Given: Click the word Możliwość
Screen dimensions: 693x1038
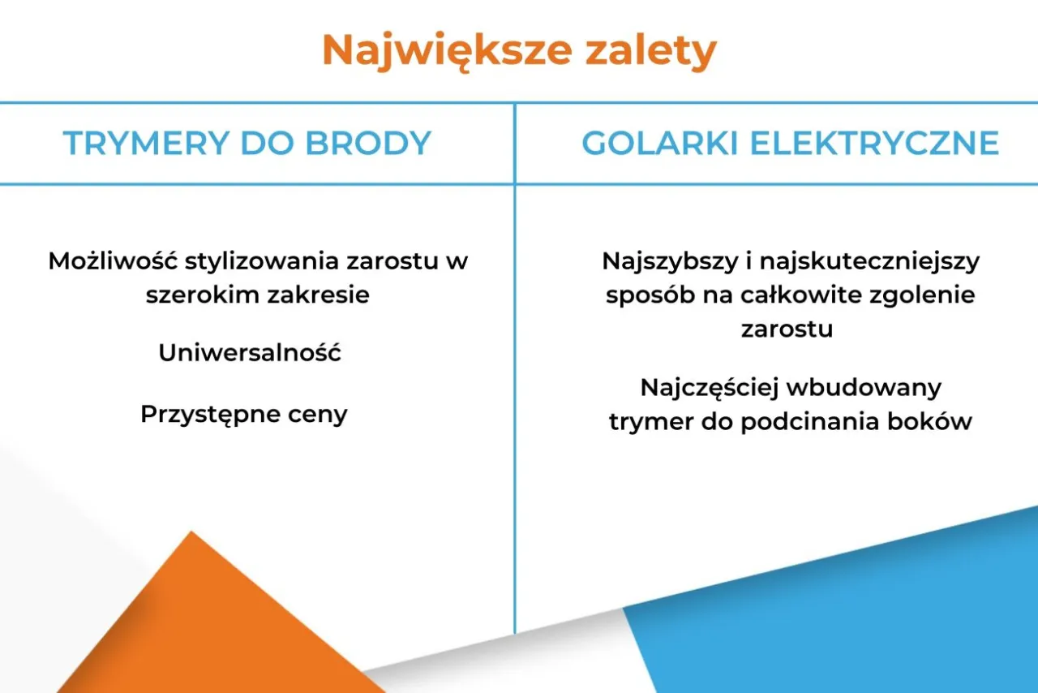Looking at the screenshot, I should coord(113,261).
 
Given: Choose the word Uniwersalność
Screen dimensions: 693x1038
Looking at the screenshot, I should coord(250,353).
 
